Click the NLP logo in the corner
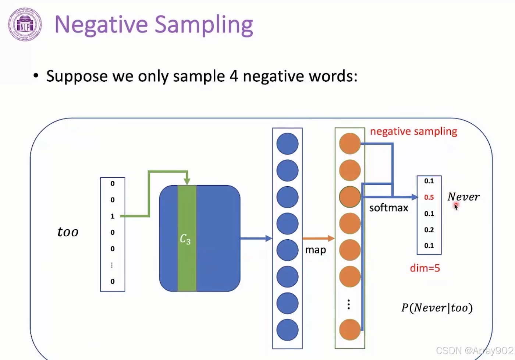point(25,25)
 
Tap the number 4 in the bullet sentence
point(234,76)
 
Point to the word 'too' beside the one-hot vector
point(68,232)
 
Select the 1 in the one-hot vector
point(113,216)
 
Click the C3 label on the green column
point(185,239)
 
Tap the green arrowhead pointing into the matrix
point(187,181)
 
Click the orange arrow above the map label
point(318,239)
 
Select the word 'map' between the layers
point(315,250)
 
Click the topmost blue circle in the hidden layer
point(287,144)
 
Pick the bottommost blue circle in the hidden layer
point(287,330)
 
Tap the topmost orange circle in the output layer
point(350,144)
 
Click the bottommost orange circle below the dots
point(350,330)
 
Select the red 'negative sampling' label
point(413,131)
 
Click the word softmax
point(388,208)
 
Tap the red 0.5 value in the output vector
point(429,197)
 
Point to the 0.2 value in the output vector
point(429,230)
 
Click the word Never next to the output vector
point(464,197)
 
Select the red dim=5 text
point(425,268)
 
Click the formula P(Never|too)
point(437,308)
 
